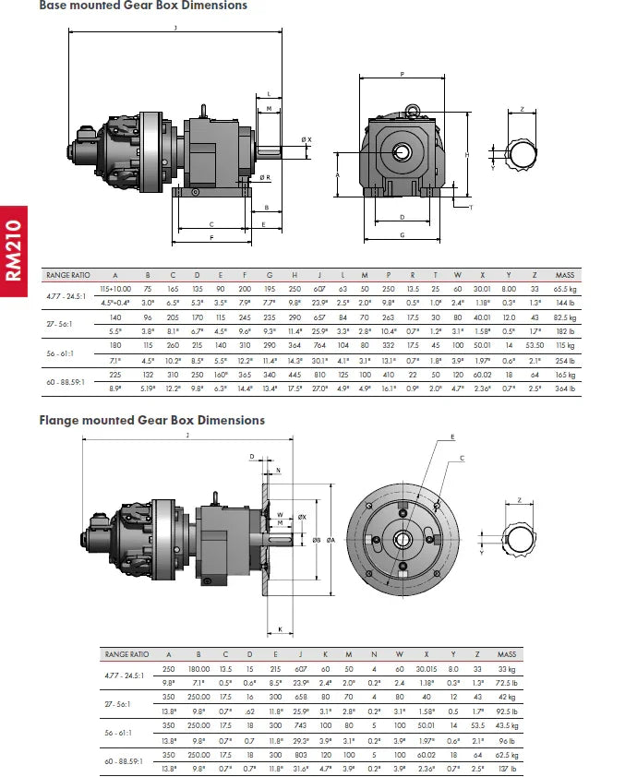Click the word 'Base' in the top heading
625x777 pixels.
54,6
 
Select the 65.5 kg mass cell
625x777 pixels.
565,289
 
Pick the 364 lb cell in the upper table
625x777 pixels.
565,389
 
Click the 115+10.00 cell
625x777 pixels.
115,289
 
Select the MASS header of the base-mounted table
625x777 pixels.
565,275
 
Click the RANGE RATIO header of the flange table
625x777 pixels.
127,653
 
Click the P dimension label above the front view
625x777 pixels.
403,74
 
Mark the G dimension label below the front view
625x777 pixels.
403,236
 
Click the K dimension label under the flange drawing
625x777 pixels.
279,630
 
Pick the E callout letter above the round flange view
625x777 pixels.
451,436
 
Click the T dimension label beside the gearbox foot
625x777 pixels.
470,207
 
